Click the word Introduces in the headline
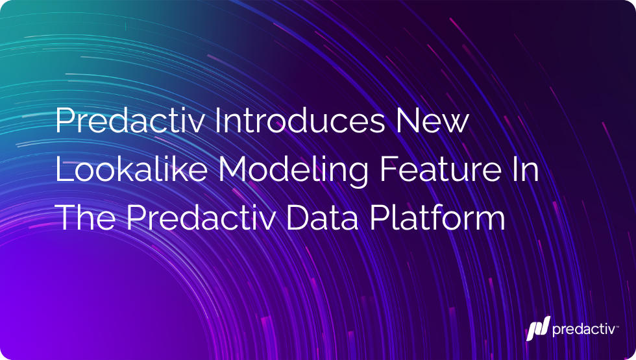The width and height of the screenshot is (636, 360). (x=299, y=121)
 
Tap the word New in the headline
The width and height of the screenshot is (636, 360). (x=432, y=121)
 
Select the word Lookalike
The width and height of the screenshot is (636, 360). (x=131, y=169)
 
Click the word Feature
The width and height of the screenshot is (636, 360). (x=441, y=169)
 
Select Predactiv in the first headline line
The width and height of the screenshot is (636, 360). (x=129, y=121)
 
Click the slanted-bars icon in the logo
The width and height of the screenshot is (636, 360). (x=538, y=328)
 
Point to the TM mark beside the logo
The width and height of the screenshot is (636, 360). (x=617, y=325)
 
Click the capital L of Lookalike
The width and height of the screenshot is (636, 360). (x=64, y=169)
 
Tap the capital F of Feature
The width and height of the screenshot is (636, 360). (x=388, y=169)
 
